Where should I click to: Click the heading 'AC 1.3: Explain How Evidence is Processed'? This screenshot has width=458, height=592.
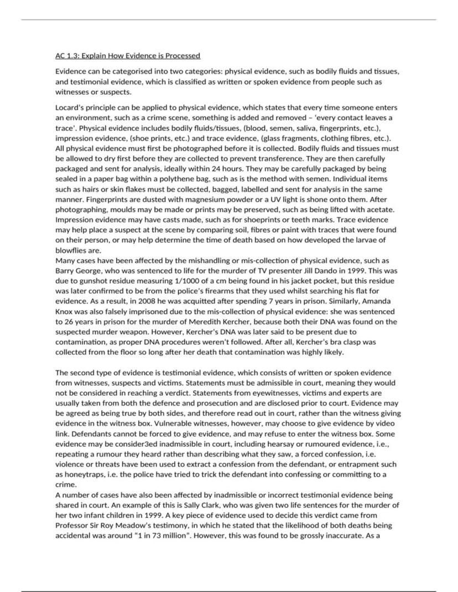coord(128,56)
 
